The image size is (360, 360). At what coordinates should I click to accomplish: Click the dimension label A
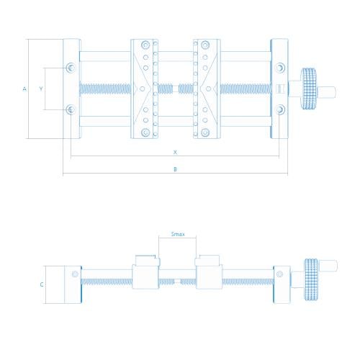[x=24, y=89]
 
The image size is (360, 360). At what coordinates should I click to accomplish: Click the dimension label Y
[x=41, y=89]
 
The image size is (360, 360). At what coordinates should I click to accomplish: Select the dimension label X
[x=175, y=152]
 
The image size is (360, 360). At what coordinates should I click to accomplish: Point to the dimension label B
[x=175, y=169]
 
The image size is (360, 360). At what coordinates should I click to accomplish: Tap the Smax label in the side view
[x=178, y=234]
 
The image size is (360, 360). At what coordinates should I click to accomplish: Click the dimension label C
[x=42, y=284]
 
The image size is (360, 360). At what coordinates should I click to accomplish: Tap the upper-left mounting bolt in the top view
[x=71, y=68]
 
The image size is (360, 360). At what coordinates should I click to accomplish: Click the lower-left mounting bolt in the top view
[x=71, y=109]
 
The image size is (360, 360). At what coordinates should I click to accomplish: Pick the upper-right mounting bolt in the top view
[x=280, y=68]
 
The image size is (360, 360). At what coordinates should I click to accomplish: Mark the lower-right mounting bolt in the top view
[x=280, y=109]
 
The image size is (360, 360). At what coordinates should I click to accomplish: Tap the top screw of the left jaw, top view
[x=145, y=45]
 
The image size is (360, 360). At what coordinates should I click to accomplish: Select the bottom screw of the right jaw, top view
[x=204, y=132]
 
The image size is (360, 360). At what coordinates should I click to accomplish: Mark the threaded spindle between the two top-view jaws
[x=175, y=89]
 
